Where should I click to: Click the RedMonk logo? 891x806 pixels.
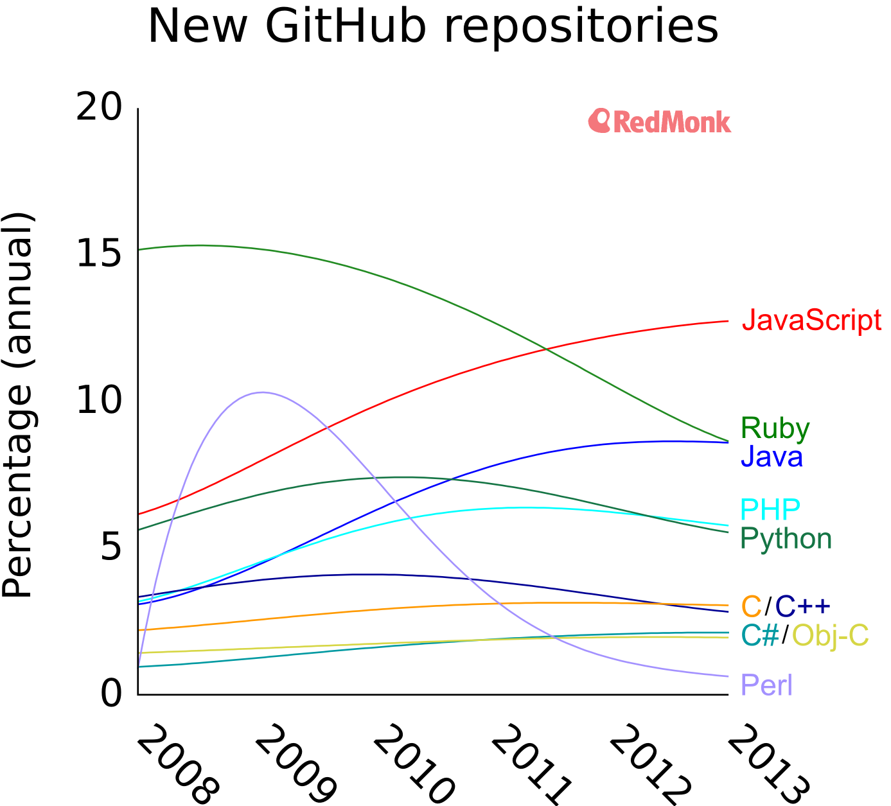660,121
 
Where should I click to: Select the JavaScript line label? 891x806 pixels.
811,320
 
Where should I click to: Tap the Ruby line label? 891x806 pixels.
775,428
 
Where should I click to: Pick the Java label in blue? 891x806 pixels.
772,457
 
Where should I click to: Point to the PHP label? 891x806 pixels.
770,509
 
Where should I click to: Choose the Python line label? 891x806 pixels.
786,538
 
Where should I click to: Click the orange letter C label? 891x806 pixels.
751,606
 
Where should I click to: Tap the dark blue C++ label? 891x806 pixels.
803,606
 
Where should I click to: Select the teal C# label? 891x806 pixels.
760,635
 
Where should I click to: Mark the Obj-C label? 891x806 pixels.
830,635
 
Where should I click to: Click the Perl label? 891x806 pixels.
766,685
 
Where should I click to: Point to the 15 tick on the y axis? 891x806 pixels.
99,254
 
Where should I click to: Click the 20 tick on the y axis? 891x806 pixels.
99,108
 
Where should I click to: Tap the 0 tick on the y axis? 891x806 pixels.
111,694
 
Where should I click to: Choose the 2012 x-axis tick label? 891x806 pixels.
650,764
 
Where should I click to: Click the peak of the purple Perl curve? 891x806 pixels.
261,392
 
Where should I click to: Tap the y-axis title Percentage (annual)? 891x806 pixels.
17,405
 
